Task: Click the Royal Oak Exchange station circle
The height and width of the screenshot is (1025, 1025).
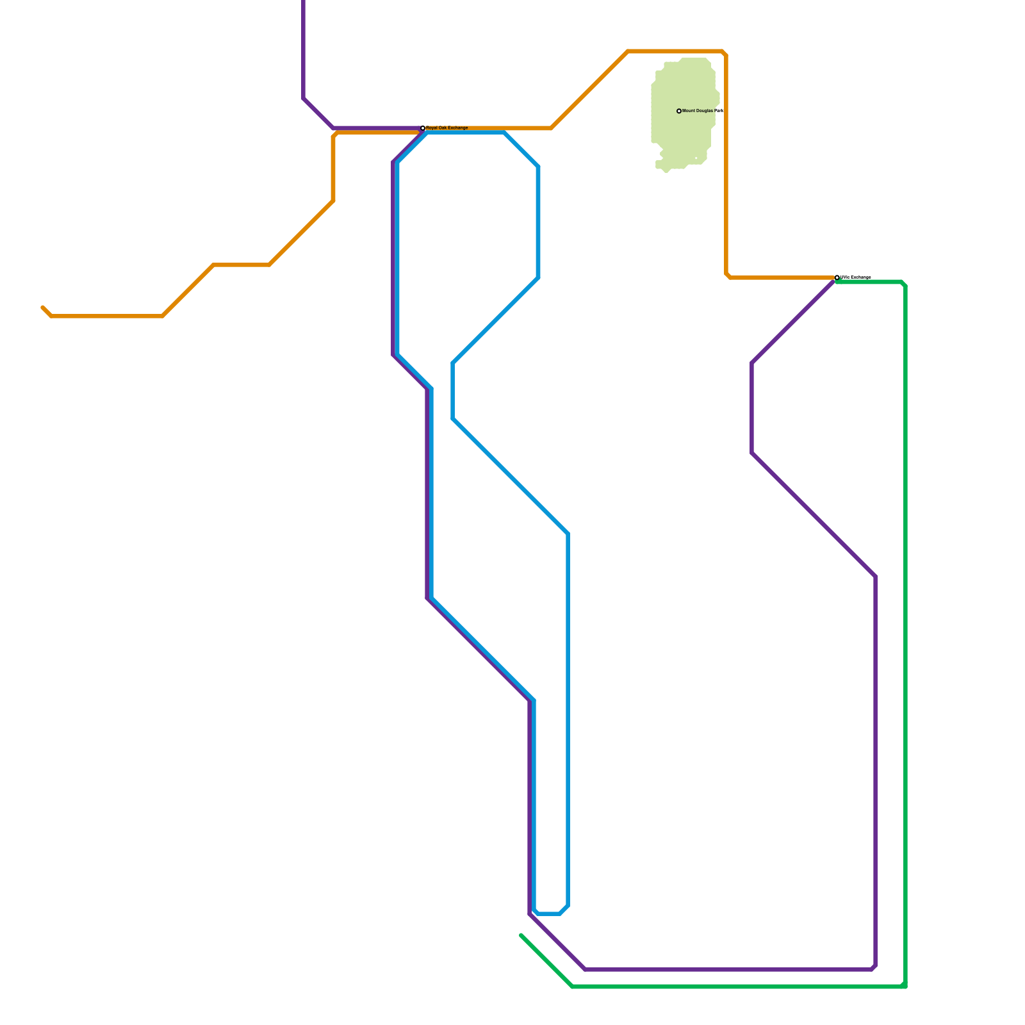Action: [x=423, y=128]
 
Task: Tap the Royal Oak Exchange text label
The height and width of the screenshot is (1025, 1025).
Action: [x=447, y=128]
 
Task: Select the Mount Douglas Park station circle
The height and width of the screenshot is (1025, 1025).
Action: [x=679, y=111]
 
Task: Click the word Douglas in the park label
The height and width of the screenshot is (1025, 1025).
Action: [x=703, y=111]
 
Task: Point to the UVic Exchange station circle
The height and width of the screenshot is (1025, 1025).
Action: [x=837, y=277]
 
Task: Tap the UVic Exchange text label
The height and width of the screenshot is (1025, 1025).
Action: [x=856, y=277]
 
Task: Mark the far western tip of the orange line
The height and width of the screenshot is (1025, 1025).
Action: [x=43, y=307]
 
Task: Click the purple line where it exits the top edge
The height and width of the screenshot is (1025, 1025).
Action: [x=304, y=2]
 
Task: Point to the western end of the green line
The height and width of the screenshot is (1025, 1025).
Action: [x=521, y=936]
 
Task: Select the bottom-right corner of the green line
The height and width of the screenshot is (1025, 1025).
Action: [x=904, y=986]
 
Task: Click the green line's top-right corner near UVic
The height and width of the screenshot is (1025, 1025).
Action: [x=903, y=283]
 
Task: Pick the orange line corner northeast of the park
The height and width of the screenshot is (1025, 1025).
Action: [x=725, y=53]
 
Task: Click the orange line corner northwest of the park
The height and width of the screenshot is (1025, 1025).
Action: [x=628, y=51]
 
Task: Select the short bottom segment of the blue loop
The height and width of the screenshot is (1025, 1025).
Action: [x=549, y=914]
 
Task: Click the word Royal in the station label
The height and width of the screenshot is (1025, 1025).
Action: [x=432, y=128]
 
